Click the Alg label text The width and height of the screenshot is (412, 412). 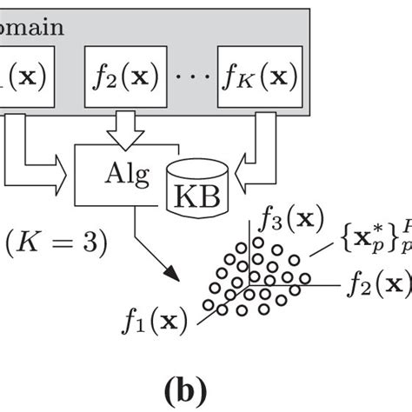pyautogui.click(x=119, y=170)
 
